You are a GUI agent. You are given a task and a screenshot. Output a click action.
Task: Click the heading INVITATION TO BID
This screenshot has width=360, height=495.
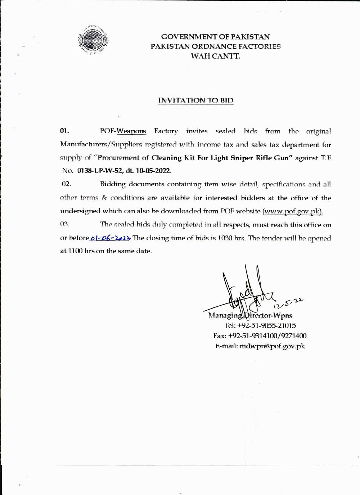tap(195, 100)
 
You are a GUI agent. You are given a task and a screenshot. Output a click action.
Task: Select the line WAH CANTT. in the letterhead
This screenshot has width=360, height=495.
tap(216, 56)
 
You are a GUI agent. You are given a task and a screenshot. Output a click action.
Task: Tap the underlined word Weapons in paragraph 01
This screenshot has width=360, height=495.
tap(131, 131)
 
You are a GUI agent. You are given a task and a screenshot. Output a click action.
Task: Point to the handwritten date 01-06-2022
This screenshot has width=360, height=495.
tap(111, 238)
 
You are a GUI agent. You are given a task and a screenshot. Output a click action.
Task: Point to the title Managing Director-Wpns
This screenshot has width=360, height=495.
tap(250, 316)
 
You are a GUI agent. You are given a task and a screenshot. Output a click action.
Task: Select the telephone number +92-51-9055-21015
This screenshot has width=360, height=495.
tap(267, 326)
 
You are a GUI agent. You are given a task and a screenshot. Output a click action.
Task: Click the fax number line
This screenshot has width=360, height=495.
tap(260, 336)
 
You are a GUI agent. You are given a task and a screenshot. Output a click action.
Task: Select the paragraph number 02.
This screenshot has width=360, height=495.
tap(66, 184)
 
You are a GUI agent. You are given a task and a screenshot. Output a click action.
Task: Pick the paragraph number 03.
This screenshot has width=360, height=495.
tap(64, 224)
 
